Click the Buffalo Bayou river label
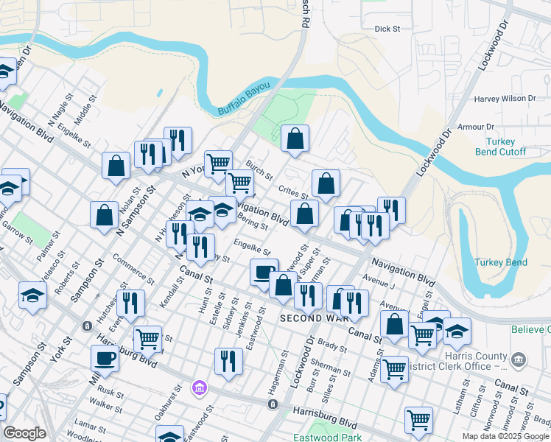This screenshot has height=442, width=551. coord(244,102)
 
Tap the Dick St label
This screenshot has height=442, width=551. coord(387,29)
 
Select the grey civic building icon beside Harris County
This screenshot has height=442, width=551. coord(520,359)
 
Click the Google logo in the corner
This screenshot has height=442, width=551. coord(24,433)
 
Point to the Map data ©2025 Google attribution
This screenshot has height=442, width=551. coord(505,436)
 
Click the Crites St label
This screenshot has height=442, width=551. coord(294,192)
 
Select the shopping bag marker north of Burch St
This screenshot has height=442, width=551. coord(295,138)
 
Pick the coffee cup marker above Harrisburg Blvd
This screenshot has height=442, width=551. coord(105,359)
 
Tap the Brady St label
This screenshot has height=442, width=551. coord(332,345)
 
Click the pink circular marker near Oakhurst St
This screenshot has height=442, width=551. coord(197,387)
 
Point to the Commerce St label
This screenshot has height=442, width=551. coord(133,270)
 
